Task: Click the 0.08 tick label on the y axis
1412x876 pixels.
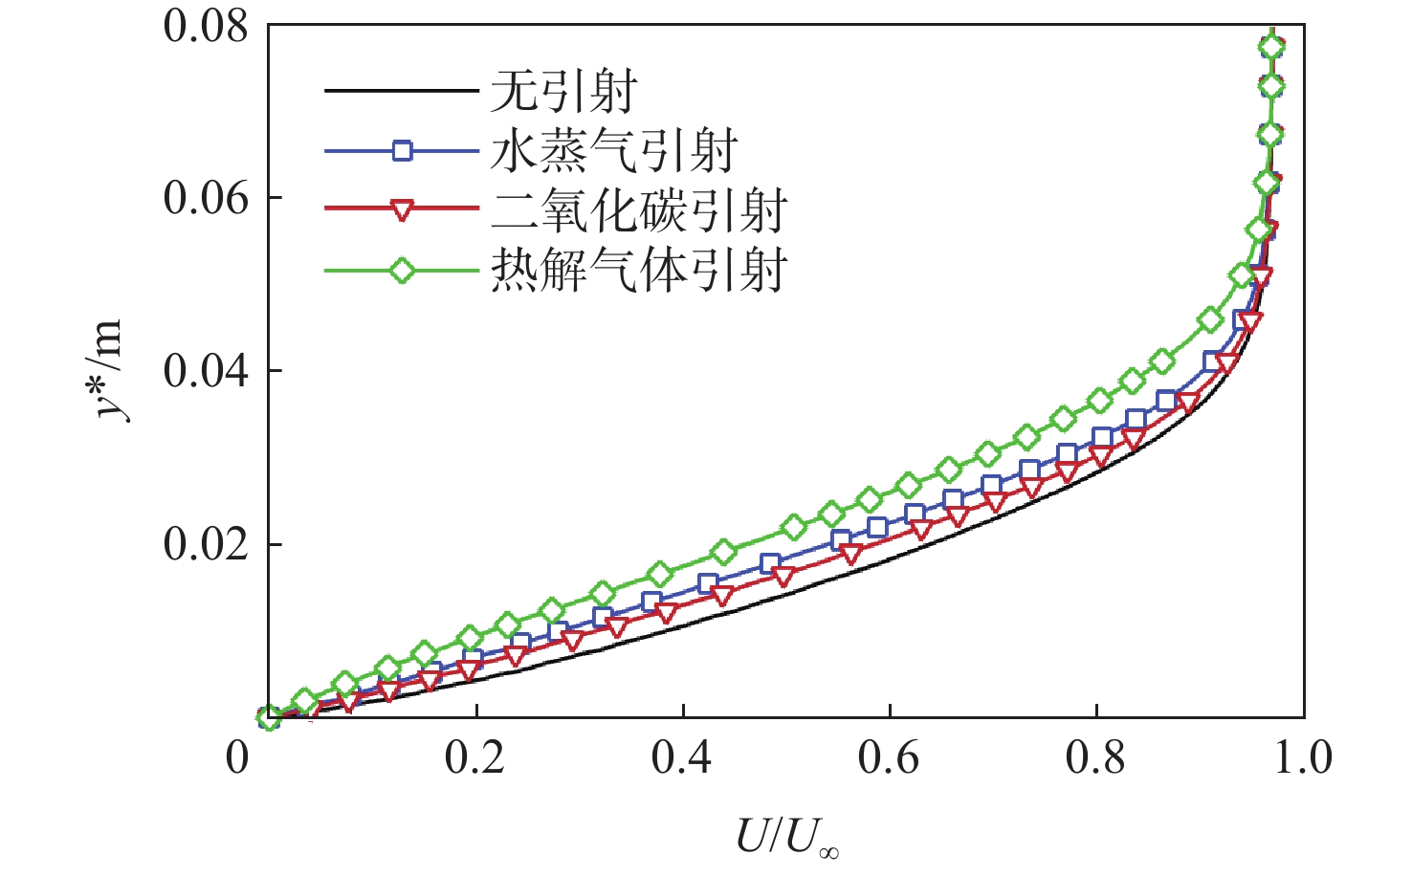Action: coord(206,26)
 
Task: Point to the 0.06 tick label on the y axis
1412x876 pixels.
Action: coord(206,199)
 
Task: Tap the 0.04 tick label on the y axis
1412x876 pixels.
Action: coord(206,372)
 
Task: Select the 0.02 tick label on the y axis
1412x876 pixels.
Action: coord(206,545)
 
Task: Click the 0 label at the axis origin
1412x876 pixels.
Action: coord(237,758)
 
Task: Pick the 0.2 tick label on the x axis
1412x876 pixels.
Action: coord(475,758)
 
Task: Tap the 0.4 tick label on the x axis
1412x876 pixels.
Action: coord(682,758)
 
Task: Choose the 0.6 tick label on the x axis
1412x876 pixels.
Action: coord(889,758)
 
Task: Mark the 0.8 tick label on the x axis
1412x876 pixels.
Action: coord(1096,758)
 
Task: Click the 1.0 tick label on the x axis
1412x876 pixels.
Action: coord(1303,758)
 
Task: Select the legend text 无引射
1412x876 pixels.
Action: coord(563,92)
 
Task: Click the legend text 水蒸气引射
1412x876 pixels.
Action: coord(613,151)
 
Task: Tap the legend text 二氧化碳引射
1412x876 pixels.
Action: coord(638,210)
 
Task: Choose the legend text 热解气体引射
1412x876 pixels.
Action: coord(638,271)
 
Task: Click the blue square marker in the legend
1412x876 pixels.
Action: coord(402,150)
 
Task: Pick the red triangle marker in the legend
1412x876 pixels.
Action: coord(402,210)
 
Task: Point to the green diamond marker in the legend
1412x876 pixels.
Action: coord(402,271)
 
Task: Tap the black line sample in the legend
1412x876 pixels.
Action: coord(402,91)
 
